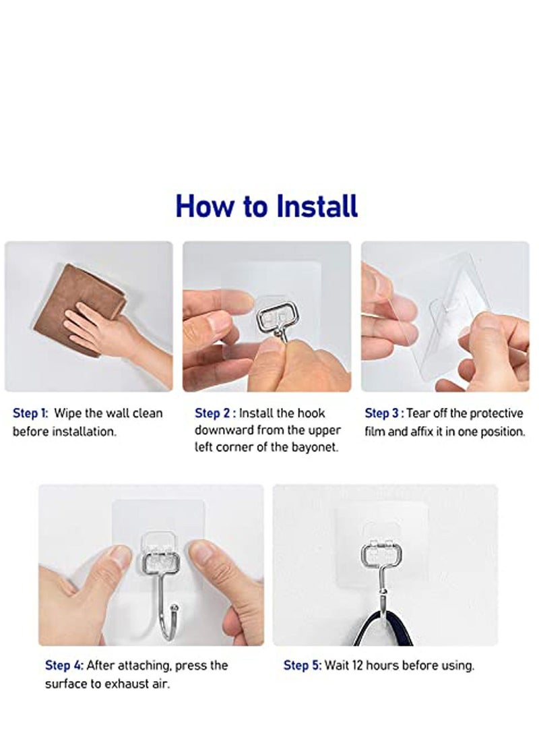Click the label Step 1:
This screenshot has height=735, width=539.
pos(30,413)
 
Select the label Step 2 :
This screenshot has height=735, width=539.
pos(214,413)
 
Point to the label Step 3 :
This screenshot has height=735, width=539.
pos(384,413)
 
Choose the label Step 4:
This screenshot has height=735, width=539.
pos(65,665)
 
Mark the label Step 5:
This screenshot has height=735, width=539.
pos(303,665)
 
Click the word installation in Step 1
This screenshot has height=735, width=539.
pos(84,430)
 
